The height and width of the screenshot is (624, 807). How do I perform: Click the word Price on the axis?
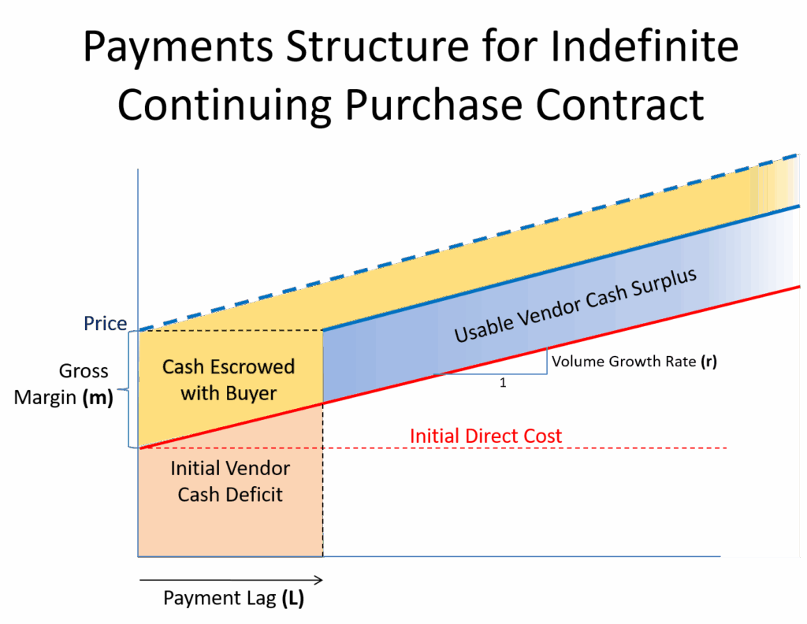point(106,324)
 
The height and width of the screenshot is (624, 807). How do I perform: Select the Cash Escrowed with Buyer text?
point(229,380)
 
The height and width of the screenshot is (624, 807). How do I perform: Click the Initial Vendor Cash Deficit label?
point(230,481)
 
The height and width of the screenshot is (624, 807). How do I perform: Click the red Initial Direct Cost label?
point(485,436)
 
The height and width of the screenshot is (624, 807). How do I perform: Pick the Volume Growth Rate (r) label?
point(635,362)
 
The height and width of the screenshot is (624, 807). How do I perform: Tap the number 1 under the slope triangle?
point(503,383)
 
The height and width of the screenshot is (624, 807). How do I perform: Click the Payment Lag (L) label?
point(233,599)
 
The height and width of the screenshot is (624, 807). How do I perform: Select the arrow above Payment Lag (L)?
point(232,581)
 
